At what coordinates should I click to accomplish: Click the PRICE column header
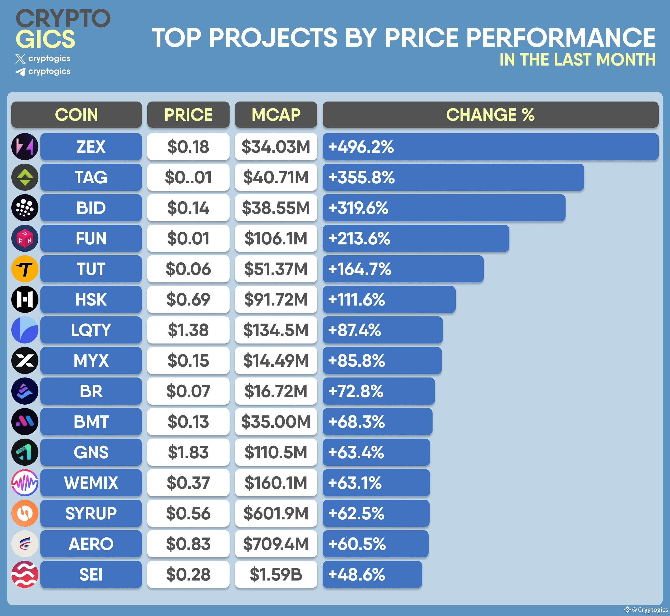click(x=188, y=115)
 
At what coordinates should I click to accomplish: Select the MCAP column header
click(x=276, y=115)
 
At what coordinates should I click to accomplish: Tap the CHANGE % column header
click(x=490, y=115)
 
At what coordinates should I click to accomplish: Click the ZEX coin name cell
click(x=91, y=147)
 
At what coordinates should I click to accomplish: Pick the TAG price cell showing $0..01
click(x=188, y=177)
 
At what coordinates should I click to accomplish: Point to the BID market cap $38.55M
click(x=276, y=208)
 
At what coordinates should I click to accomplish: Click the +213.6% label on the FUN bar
click(x=359, y=238)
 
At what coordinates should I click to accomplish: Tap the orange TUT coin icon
click(x=25, y=269)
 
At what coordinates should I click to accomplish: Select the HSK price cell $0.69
click(x=188, y=299)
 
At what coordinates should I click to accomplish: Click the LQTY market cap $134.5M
click(x=276, y=330)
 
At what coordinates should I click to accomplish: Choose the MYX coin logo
click(x=25, y=360)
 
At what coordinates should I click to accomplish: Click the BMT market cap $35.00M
click(x=276, y=422)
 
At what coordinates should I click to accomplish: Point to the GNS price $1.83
click(x=188, y=452)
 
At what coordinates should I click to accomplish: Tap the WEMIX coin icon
click(x=25, y=483)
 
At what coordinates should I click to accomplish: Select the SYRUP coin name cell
click(x=91, y=513)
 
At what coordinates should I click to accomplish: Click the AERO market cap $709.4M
click(x=276, y=544)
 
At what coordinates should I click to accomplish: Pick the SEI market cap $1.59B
click(x=276, y=574)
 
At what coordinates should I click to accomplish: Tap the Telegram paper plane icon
click(x=20, y=72)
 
